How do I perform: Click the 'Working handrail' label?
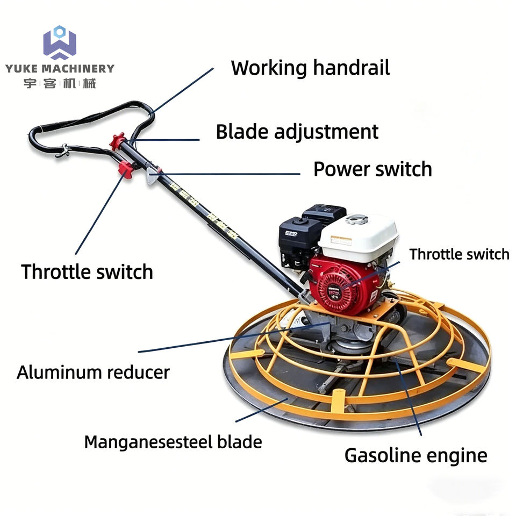(x=310, y=68)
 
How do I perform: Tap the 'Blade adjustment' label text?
(x=297, y=132)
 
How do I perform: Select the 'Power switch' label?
(x=372, y=169)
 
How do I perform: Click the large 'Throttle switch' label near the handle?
(x=87, y=272)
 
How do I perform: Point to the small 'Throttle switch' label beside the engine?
(x=459, y=254)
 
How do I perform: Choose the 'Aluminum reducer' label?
(x=93, y=372)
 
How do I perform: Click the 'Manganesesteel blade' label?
(x=173, y=442)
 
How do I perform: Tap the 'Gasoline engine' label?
(x=415, y=456)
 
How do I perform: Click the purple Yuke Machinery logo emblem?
(x=60, y=43)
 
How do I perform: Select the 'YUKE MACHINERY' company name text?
(x=60, y=68)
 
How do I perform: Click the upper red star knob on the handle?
(x=117, y=141)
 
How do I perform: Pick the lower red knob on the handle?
(x=126, y=169)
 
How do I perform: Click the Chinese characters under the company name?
(x=60, y=84)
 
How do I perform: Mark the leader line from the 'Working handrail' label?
(x=182, y=91)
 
